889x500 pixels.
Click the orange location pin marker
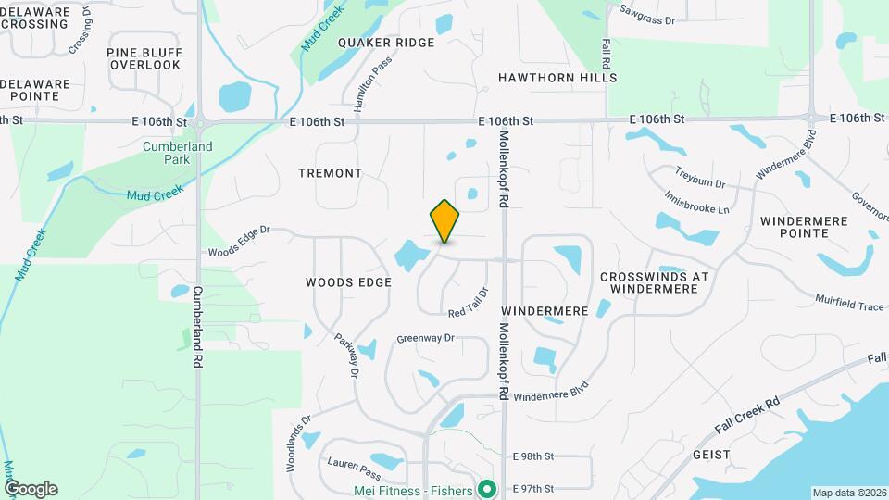(x=445, y=220)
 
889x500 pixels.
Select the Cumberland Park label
(x=178, y=153)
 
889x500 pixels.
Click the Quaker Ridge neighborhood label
(x=386, y=44)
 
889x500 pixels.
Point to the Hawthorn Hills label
(x=557, y=78)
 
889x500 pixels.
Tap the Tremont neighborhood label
(x=331, y=173)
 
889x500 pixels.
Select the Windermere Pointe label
(x=793, y=227)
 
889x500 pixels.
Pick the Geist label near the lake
(x=711, y=455)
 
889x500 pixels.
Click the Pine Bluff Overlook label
(x=144, y=58)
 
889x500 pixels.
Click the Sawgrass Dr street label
(x=649, y=14)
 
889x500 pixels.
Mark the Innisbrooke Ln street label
(x=697, y=203)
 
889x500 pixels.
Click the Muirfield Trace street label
(x=849, y=303)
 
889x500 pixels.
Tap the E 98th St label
(x=532, y=456)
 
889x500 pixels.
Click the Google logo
(x=31, y=488)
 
